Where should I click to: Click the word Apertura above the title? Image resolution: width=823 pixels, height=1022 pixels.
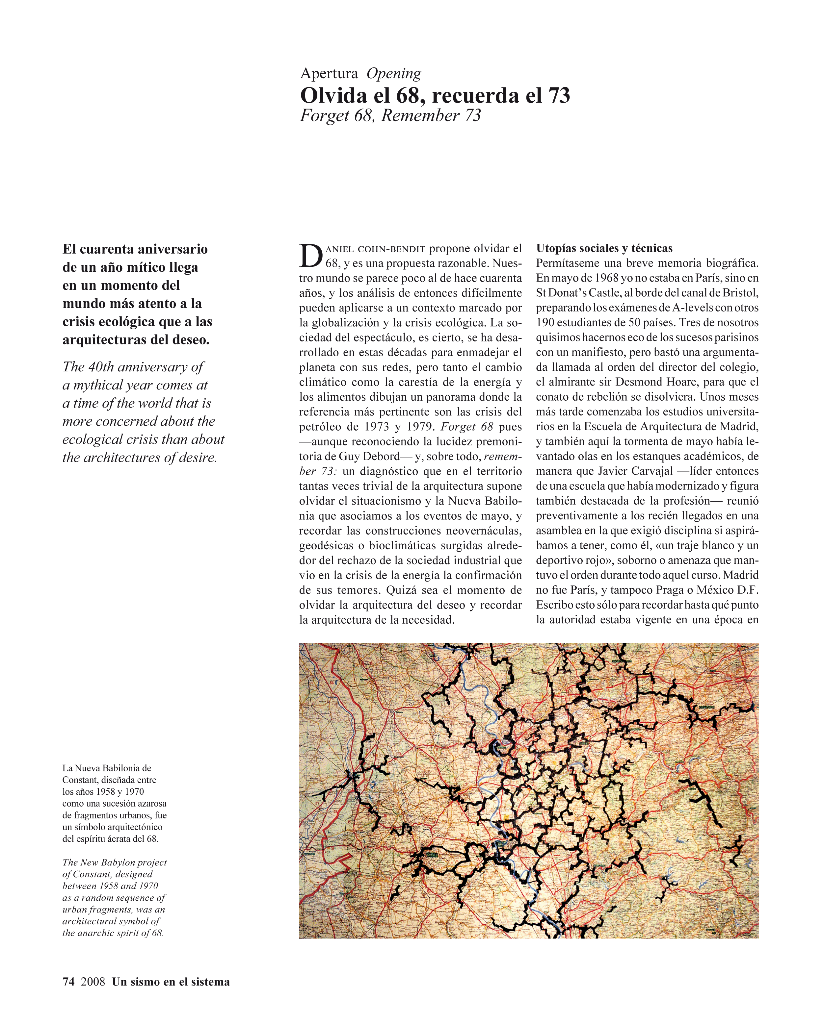coord(329,73)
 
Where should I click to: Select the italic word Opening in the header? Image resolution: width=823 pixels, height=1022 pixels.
coord(394,73)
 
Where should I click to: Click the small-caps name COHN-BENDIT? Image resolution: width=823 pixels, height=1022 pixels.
coord(391,249)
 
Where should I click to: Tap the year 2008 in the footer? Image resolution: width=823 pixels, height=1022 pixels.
coord(93,982)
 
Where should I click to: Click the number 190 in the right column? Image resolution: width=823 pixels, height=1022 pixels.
coord(545,323)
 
